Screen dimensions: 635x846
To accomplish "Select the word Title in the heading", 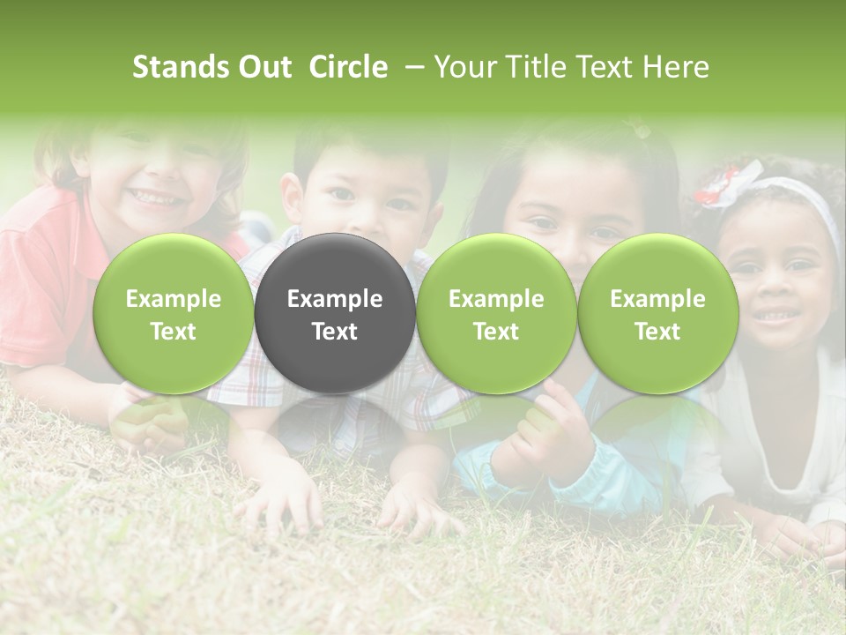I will (525, 67).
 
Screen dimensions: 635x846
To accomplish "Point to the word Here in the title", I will (676, 67).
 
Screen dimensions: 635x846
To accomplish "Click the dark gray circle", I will (334, 313).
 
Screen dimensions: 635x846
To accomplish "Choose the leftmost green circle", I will (173, 313).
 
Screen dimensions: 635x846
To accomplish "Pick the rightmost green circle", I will (657, 313).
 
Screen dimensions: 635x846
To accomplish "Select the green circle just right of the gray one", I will (496, 313).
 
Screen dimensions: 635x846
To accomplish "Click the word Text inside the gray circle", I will (335, 332).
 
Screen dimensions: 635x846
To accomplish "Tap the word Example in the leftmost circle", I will (174, 299).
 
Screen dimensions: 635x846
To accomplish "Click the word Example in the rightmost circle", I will (657, 299).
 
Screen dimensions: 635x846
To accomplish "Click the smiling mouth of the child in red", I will (154, 193).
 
